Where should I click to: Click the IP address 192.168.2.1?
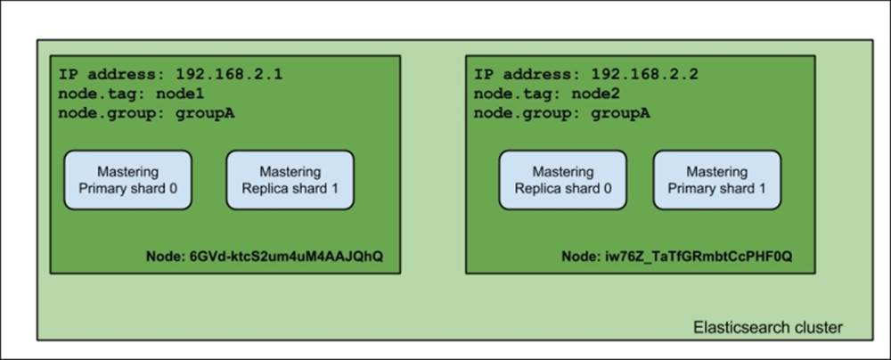coord(228,75)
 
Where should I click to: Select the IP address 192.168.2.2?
coord(644,75)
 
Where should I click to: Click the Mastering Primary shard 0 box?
coord(127,180)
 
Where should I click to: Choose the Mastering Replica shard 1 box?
coord(290,180)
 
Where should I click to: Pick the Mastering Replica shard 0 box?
coord(563,180)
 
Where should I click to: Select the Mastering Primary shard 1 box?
coord(717,180)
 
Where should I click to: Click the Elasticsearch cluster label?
coord(768,328)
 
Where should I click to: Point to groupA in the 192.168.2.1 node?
coord(205,113)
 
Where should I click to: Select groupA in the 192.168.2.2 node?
coord(620,113)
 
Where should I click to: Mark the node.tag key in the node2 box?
coord(518,94)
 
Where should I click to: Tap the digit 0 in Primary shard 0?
coord(173,189)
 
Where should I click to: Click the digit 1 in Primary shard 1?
coord(763,189)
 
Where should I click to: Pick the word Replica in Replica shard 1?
coord(263,189)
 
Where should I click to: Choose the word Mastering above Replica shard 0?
coord(563,172)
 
